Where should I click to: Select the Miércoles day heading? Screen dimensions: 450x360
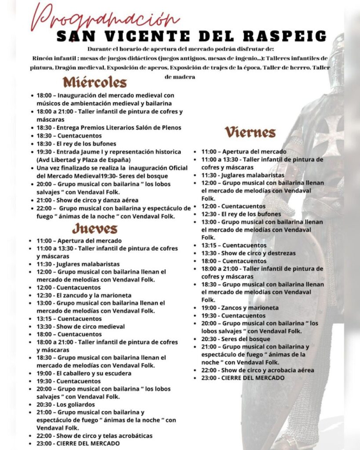pyautogui.click(x=95, y=82)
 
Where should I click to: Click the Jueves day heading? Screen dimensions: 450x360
pyautogui.click(x=95, y=229)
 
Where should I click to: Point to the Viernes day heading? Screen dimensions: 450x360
pyautogui.click(x=250, y=132)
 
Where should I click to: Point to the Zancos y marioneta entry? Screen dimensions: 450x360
pyautogui.click(x=240, y=308)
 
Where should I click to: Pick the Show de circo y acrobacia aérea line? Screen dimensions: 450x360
pyautogui.click(x=258, y=370)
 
